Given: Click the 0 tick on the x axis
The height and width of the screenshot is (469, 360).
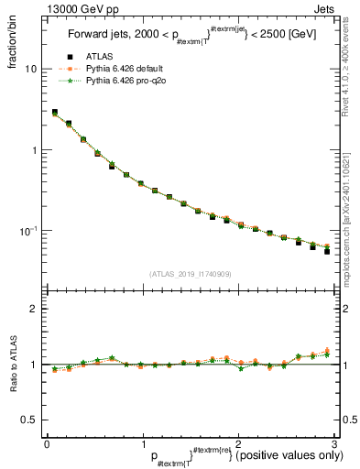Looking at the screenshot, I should coord(47,444).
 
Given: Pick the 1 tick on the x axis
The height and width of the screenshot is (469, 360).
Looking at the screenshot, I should coord(142,444).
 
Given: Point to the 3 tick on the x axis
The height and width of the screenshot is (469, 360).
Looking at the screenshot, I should coord(333,444).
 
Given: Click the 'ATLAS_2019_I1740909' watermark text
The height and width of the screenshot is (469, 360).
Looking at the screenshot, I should coord(191,273).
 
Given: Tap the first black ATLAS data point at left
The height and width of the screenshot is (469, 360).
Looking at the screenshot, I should coord(55,113).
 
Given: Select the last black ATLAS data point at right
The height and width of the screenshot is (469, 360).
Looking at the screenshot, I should coord(327,251).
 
